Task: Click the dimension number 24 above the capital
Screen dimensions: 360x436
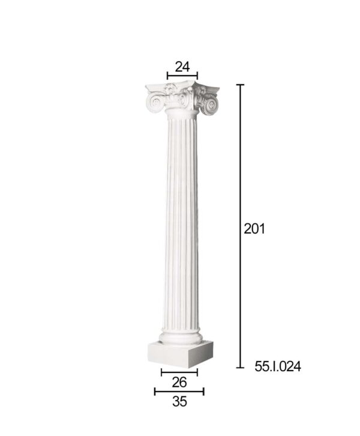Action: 182,67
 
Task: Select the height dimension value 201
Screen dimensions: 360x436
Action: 254,229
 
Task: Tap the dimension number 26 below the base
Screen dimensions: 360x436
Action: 179,383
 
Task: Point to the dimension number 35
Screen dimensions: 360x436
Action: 179,402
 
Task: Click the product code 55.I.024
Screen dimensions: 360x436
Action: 278,366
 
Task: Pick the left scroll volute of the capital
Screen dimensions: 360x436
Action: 155,103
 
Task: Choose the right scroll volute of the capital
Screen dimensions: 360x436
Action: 210,105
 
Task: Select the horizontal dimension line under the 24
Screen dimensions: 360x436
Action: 182,75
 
